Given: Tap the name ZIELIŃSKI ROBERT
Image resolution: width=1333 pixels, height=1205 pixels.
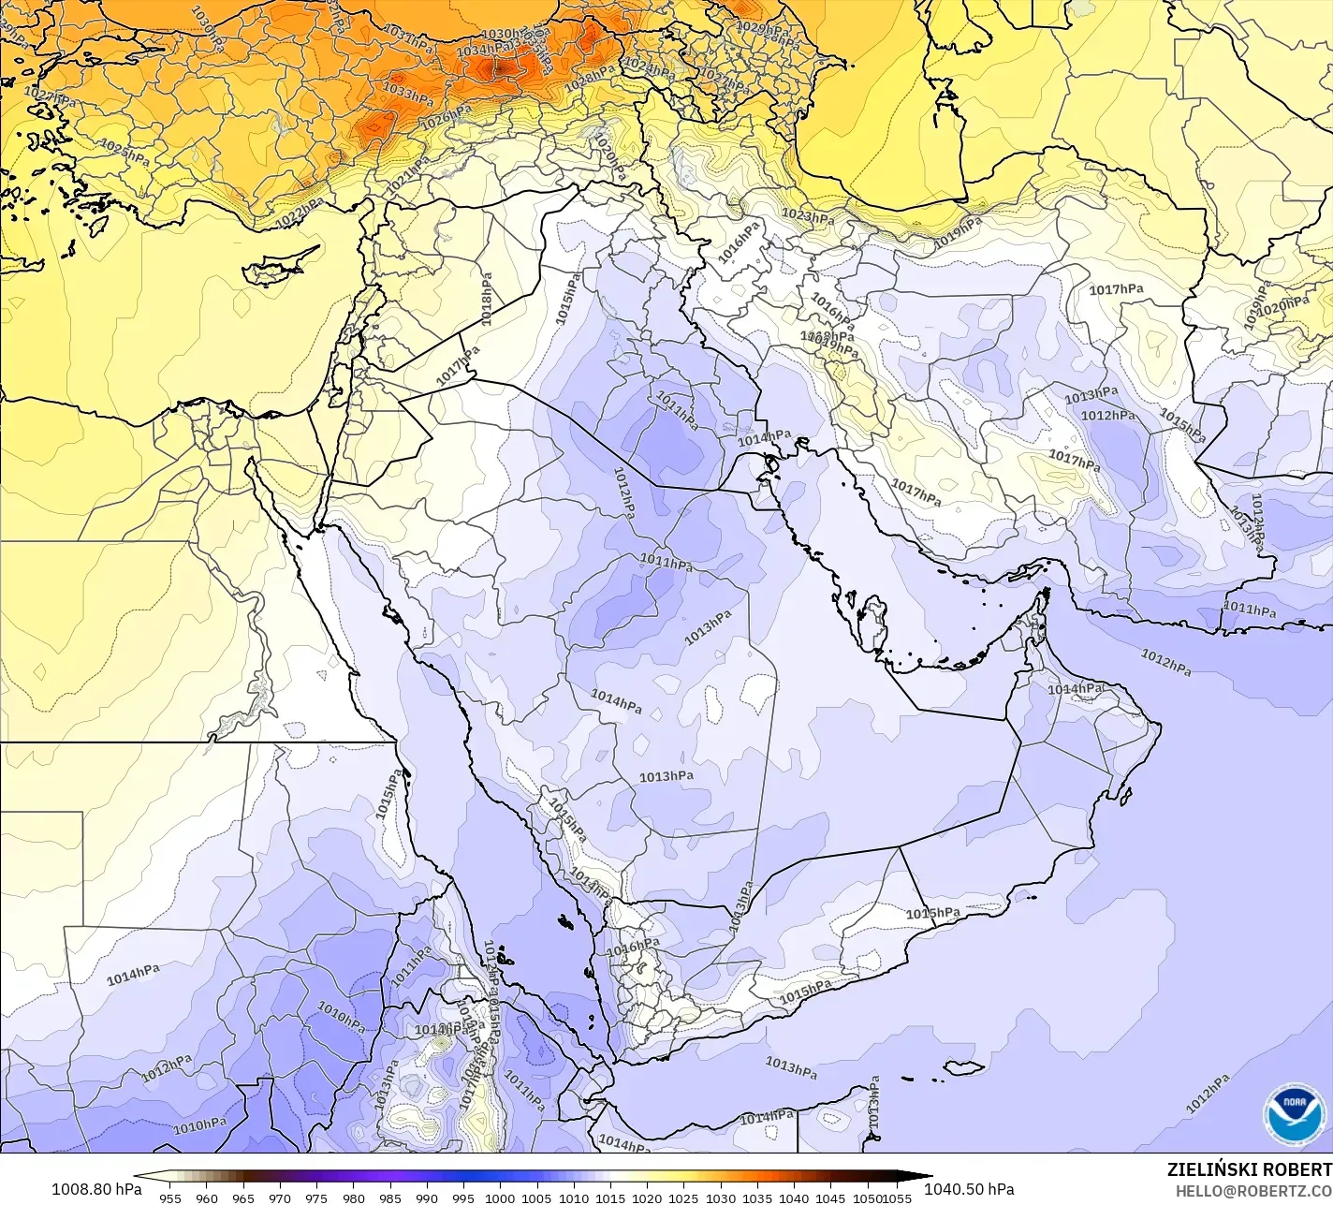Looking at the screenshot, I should (x=1249, y=1169).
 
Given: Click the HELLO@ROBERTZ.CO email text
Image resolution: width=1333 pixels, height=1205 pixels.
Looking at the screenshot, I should (x=1253, y=1190).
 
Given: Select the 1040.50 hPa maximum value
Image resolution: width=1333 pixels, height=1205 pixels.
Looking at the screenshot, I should (x=968, y=1189).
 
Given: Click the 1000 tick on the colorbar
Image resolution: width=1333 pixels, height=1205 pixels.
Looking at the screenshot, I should (x=500, y=1198).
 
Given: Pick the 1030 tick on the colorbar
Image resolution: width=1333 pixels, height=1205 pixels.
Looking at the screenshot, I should (x=720, y=1198).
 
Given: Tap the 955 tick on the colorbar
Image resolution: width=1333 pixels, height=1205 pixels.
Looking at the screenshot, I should (x=169, y=1198).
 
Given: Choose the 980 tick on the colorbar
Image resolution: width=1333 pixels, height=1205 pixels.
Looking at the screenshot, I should (x=353, y=1198).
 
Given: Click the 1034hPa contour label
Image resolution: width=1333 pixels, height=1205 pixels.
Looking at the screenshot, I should (x=483, y=49).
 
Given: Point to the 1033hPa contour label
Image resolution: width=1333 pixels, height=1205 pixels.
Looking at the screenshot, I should (x=408, y=93).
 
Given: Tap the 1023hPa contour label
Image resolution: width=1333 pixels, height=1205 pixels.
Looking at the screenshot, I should (x=807, y=216).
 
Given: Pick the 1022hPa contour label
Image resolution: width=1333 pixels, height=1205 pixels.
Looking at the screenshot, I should (x=300, y=214).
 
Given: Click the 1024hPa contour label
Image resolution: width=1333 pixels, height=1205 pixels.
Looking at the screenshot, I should (x=648, y=68).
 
